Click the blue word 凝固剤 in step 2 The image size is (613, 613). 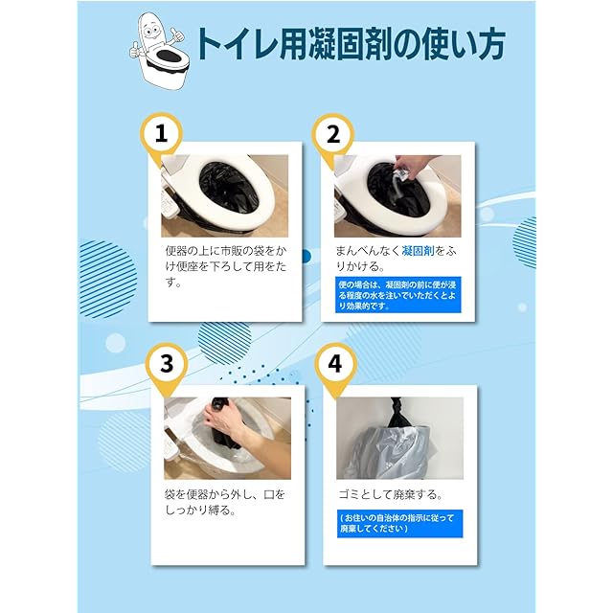click(x=418, y=251)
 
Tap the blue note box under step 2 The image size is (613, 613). click(x=398, y=295)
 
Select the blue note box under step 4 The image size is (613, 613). click(x=399, y=524)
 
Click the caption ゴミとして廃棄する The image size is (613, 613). click(x=391, y=495)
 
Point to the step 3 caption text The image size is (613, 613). click(x=225, y=502)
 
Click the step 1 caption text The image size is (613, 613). click(x=226, y=266)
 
